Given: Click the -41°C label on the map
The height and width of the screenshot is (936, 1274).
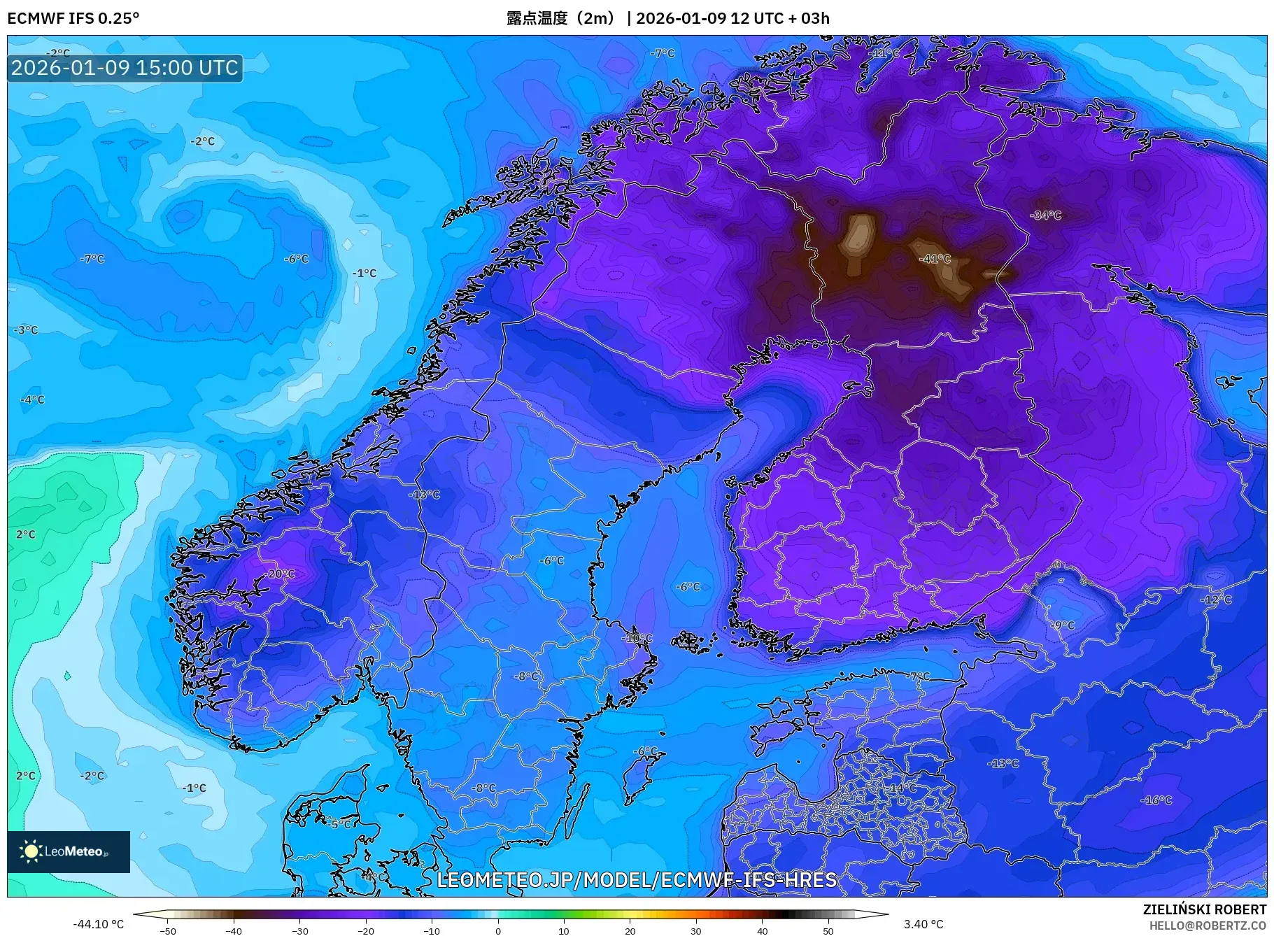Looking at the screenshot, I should coord(935,259).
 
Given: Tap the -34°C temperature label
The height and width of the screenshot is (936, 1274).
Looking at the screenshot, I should coord(1046,215).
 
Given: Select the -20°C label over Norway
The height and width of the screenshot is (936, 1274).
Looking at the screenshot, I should coord(281,574).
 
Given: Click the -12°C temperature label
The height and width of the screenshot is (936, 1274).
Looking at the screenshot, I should coord(1216,600).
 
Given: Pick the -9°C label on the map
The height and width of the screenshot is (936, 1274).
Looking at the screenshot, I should coord(1063,625).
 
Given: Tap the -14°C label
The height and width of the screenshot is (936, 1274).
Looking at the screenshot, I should coord(902,788).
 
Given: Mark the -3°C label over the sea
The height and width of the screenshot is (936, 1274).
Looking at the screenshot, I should coord(27,329).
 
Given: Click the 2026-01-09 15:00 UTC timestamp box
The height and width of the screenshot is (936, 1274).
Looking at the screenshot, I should coord(125,68).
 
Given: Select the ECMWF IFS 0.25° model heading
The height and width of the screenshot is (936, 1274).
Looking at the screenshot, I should coord(73,18).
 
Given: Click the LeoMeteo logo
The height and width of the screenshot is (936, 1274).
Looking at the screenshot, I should coord(69,851).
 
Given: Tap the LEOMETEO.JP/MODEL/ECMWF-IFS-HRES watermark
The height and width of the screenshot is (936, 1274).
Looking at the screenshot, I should coord(637,879).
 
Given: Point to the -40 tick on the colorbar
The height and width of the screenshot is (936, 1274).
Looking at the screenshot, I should coord(234,930).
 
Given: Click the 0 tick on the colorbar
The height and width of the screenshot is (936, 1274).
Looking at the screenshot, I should coord(498,930).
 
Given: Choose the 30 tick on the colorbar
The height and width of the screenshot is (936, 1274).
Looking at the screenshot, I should coord(696,930).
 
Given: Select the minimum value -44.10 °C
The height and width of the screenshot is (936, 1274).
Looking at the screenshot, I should coord(99,924).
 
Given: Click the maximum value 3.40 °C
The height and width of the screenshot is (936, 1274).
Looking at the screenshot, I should coord(923,924).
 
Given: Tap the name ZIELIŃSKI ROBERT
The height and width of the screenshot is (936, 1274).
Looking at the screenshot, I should coord(1204,909).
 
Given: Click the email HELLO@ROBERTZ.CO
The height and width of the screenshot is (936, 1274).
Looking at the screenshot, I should coord(1207,926).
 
